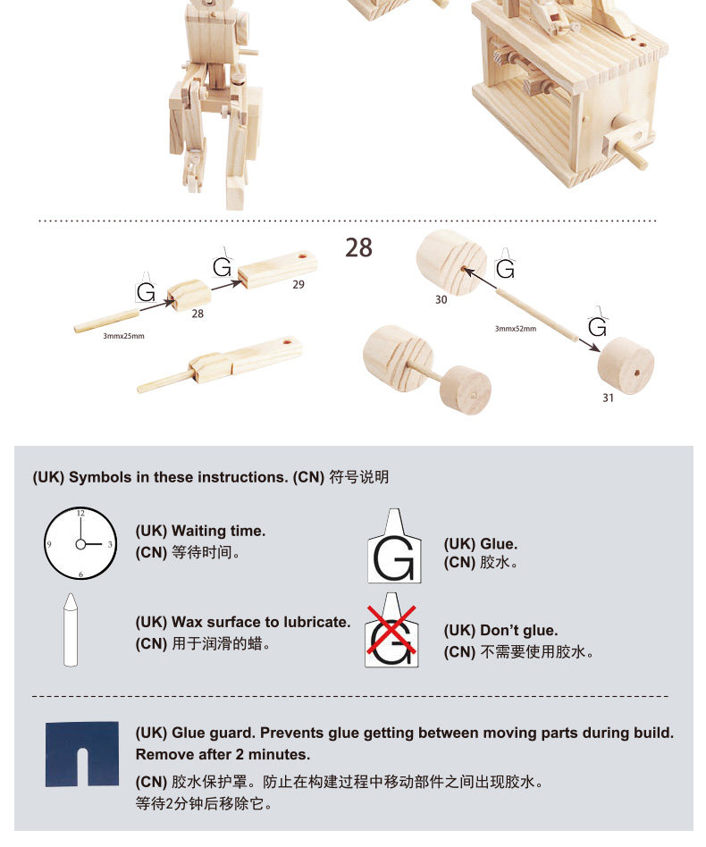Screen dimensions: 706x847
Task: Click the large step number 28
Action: click(358, 247)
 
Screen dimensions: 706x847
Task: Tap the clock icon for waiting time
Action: click(80, 543)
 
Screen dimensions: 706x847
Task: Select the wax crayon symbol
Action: click(71, 630)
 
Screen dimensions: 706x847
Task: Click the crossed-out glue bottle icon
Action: click(391, 630)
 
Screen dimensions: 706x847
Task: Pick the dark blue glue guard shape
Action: click(82, 754)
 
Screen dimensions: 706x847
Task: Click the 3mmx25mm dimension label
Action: click(123, 336)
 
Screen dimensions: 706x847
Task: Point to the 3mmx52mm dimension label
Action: click(516, 329)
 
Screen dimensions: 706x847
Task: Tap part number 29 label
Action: click(298, 285)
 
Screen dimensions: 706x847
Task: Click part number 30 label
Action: click(441, 300)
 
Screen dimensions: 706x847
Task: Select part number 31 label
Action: click(609, 398)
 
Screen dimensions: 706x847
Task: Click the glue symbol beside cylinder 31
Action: click(598, 323)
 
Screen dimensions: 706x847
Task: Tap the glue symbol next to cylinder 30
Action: click(505, 264)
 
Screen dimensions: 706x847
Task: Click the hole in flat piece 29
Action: click(301, 256)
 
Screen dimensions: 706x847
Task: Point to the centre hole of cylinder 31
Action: click(636, 373)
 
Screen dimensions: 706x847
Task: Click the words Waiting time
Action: click(218, 531)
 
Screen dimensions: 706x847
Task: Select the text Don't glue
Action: click(519, 631)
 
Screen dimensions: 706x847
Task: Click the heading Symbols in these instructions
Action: click(178, 477)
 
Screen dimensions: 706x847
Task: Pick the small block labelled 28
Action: click(189, 295)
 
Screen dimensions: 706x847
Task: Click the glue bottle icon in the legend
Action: click(394, 546)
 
